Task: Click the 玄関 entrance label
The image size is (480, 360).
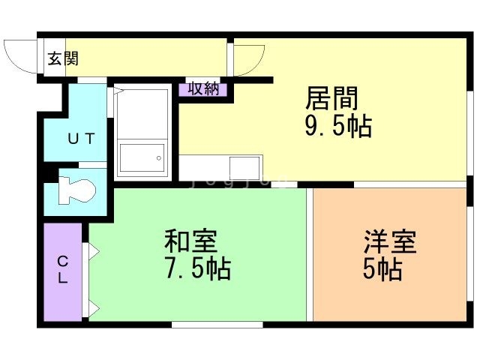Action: (x=64, y=58)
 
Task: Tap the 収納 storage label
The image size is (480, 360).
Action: (x=202, y=88)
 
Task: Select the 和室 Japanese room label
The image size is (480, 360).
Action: (x=191, y=241)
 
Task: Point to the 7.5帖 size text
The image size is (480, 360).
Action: (x=197, y=268)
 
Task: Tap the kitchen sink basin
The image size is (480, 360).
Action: (x=244, y=166)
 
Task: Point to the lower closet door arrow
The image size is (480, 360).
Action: (x=94, y=307)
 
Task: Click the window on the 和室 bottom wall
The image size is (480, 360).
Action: (x=217, y=325)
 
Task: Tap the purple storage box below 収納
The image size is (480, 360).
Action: (x=202, y=89)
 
